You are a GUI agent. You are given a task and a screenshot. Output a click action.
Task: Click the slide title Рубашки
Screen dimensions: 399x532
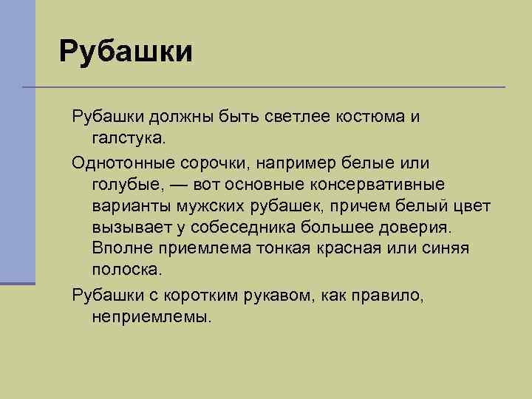coord(126,52)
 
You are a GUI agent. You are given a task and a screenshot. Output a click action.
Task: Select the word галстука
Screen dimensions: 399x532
coord(130,137)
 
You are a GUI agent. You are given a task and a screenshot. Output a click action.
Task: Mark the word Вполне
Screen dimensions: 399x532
coord(120,247)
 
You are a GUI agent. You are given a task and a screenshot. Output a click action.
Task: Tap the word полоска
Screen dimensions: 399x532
coord(129,268)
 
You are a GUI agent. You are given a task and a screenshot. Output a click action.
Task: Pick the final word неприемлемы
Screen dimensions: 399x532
coord(151,316)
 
